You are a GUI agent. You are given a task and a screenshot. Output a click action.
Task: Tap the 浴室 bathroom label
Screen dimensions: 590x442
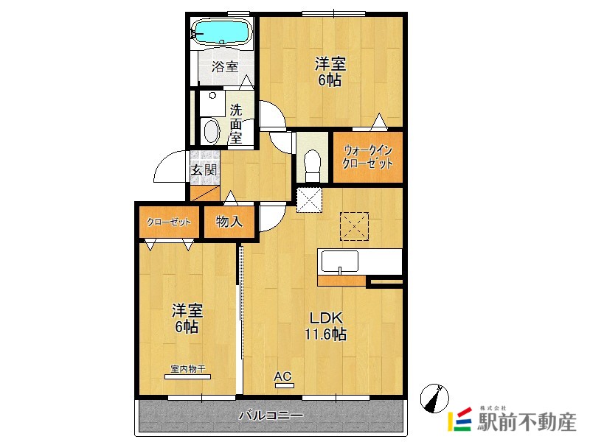(225, 67)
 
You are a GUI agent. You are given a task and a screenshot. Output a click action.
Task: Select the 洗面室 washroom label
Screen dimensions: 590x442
(236, 124)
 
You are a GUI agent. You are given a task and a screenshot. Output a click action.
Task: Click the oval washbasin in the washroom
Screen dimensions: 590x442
(211, 132)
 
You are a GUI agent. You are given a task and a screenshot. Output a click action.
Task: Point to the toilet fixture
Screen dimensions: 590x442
(312, 165)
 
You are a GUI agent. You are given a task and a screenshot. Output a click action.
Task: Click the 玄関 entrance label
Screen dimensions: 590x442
(204, 170)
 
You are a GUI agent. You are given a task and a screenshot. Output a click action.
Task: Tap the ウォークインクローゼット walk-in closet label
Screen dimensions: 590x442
(367, 157)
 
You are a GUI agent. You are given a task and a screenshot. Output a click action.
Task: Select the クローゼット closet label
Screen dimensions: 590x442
(169, 222)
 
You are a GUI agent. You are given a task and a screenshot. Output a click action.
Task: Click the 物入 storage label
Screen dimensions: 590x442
(229, 222)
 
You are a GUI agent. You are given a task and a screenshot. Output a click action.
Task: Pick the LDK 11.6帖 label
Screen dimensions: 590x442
(325, 326)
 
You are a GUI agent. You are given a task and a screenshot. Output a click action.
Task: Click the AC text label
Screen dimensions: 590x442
(282, 376)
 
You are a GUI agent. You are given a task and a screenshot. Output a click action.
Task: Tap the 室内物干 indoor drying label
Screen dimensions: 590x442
(188, 369)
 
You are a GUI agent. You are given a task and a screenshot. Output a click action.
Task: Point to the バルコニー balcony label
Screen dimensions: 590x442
(271, 415)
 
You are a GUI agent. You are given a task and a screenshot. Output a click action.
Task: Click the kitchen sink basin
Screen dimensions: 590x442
(339, 261)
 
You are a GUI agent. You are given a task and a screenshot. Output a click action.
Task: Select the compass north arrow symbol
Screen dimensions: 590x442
(434, 398)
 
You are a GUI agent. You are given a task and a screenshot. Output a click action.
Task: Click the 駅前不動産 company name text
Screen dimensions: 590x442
(527, 421)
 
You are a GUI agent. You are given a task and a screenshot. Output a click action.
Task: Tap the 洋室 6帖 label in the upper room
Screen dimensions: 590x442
(330, 71)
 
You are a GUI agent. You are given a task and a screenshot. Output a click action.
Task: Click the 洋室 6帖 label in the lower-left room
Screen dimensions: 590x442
(187, 319)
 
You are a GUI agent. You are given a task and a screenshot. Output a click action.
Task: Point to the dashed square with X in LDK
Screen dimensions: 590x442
(354, 227)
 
